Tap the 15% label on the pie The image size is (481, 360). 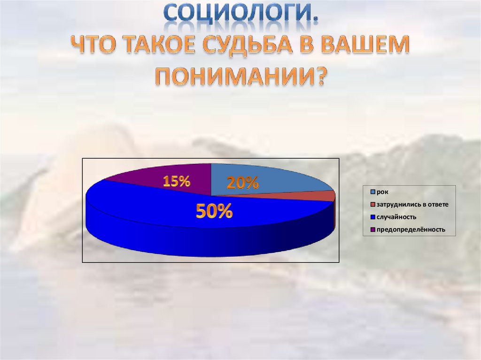[176, 182]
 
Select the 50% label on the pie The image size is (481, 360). [214, 212]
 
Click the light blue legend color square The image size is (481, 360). [373, 191]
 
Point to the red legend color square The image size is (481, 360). [373, 204]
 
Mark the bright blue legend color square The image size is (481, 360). [373, 217]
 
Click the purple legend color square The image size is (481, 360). [373, 230]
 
